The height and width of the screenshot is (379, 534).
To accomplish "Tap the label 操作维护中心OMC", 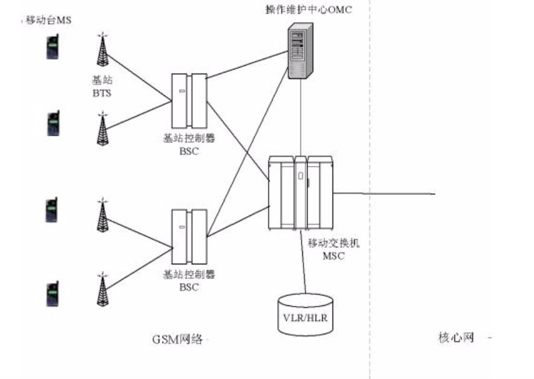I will pyautogui.click(x=300, y=9).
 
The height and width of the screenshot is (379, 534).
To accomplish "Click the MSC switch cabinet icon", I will pyautogui.click(x=300, y=193).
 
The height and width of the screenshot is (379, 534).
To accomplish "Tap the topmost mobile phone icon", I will pyautogui.click(x=53, y=48).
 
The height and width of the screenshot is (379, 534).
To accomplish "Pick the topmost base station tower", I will pyautogui.click(x=103, y=49).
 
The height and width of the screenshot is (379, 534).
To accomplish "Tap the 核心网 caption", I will pyautogui.click(x=456, y=337).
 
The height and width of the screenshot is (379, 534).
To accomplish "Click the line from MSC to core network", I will pyautogui.click(x=386, y=193).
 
